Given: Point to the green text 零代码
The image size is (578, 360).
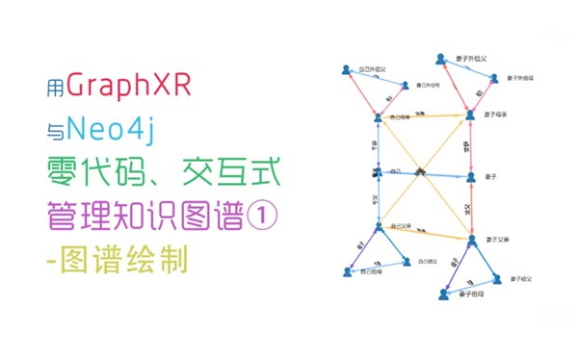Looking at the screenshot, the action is coord(92,173).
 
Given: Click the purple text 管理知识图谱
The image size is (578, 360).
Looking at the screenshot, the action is coord(144,214).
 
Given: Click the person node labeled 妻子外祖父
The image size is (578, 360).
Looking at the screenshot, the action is coord(440,60).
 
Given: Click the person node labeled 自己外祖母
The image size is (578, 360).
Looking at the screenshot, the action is coord(405,87).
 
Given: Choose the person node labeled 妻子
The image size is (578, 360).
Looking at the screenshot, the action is coord(471,177).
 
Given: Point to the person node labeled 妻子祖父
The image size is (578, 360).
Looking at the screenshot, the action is coord(497,279).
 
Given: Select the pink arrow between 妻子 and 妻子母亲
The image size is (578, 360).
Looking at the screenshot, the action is coord(471,146).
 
